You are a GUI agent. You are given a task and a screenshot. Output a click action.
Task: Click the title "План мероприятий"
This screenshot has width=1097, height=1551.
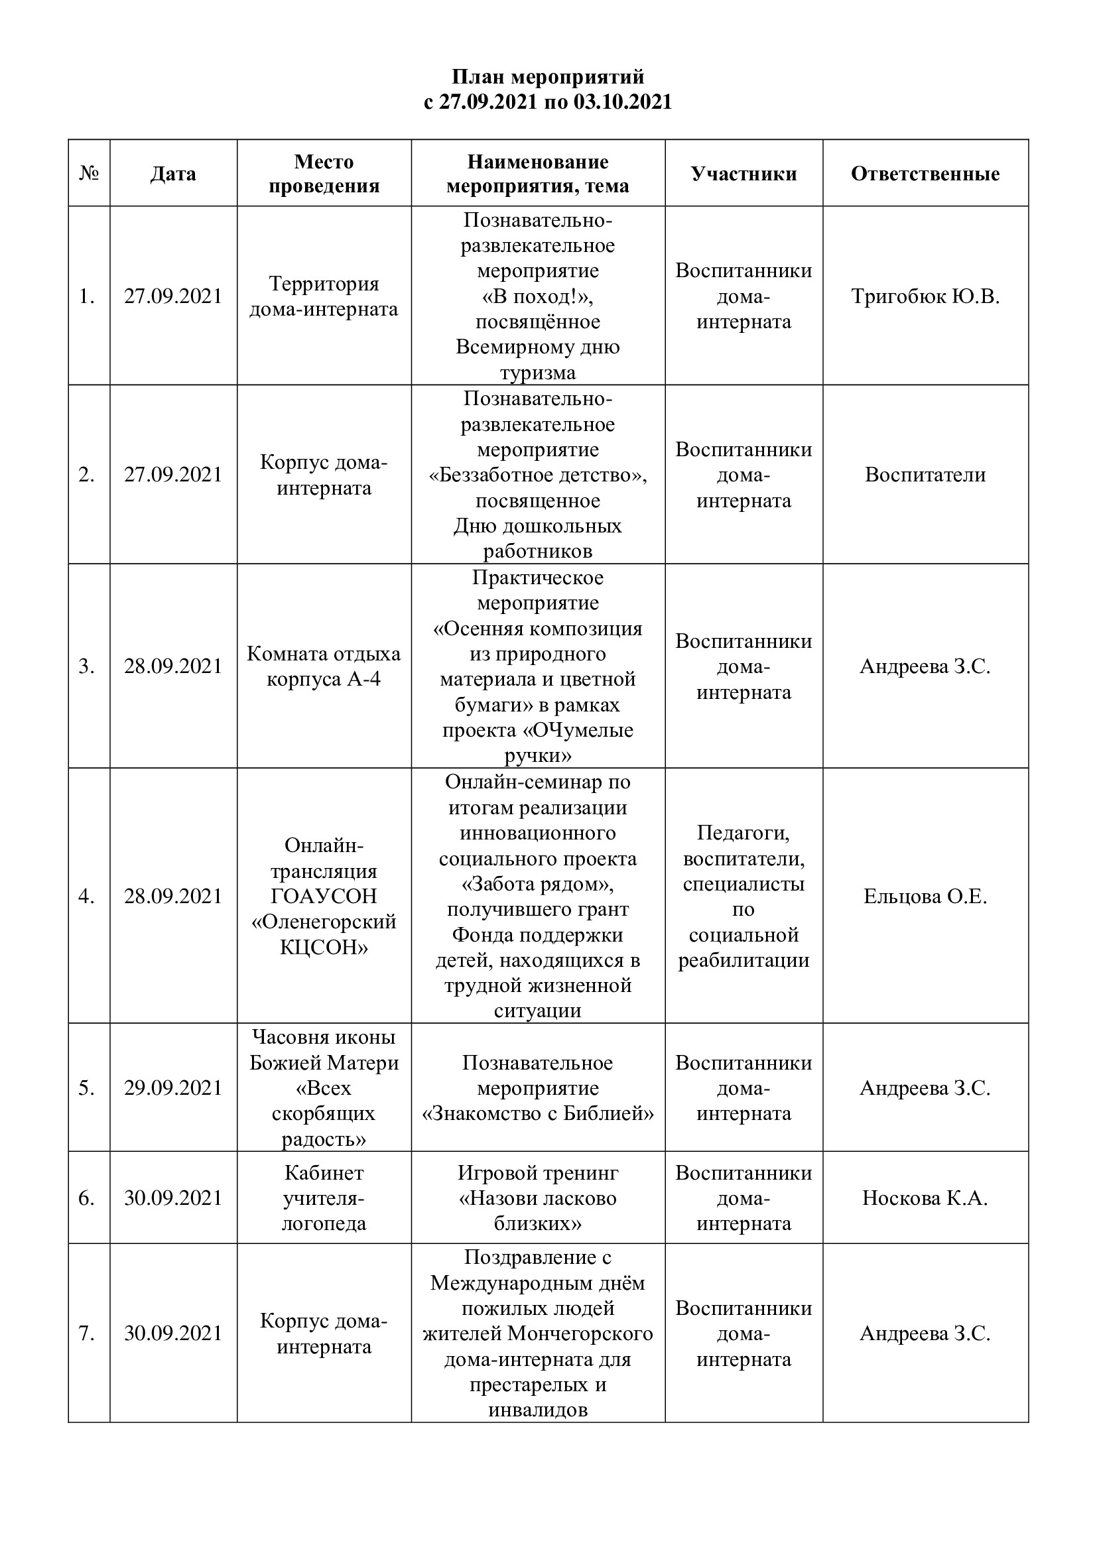click(548, 76)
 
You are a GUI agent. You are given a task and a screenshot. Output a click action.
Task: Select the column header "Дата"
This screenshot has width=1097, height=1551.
click(173, 174)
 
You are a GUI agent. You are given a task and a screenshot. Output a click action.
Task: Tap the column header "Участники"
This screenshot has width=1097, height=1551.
click(743, 174)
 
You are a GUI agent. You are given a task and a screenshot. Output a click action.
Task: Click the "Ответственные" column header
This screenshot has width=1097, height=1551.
click(925, 174)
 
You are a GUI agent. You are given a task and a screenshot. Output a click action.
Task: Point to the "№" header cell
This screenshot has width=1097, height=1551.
click(89, 174)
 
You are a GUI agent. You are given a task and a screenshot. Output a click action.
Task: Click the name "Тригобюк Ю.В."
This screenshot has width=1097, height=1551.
click(925, 296)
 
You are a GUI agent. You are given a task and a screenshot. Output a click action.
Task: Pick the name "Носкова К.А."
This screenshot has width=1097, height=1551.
click(925, 1198)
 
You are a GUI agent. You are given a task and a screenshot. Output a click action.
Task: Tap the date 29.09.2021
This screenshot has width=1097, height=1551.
click(173, 1087)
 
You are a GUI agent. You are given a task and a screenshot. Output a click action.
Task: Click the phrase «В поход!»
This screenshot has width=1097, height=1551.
click(538, 296)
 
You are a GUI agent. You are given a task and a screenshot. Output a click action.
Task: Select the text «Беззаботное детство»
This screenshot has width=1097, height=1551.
click(538, 475)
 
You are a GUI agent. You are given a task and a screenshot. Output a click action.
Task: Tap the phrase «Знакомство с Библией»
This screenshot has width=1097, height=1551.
click(538, 1113)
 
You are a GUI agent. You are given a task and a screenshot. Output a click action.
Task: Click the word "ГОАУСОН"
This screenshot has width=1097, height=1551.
click(324, 896)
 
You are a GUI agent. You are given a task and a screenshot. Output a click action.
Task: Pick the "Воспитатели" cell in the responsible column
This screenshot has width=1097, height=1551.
click(925, 475)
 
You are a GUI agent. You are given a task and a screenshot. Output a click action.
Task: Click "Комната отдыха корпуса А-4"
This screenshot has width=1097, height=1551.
click(324, 666)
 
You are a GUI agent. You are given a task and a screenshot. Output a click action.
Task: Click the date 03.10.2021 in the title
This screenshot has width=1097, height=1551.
click(622, 101)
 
